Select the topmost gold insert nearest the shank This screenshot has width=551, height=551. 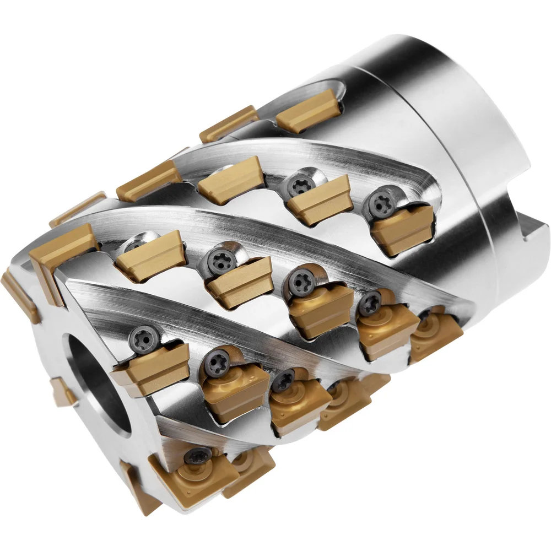pos(309,110)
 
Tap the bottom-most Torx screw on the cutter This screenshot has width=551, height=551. pos(197,456)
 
